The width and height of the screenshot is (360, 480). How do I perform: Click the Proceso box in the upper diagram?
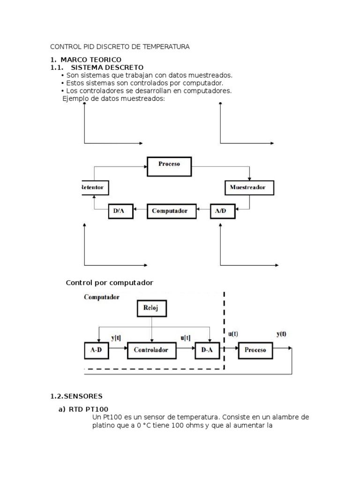coord(169,165)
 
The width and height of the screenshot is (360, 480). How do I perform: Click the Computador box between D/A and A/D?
coord(169,211)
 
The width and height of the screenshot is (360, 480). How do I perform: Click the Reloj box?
coord(152,309)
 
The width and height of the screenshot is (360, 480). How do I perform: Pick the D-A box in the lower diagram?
coord(207,350)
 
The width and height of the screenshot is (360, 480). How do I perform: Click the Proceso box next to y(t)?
coord(255,350)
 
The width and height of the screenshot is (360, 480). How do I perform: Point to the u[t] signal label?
coord(186,337)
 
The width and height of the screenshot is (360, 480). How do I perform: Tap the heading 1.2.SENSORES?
coord(76,396)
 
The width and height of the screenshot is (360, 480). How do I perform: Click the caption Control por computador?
coord(110,283)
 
